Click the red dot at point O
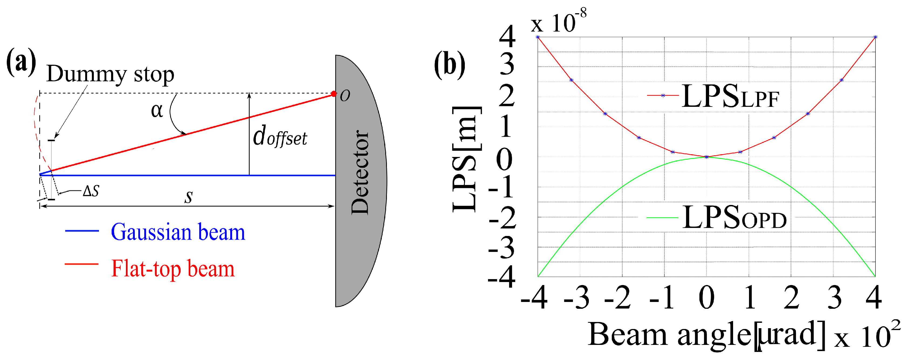[x=334, y=94]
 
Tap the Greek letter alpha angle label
[x=157, y=111]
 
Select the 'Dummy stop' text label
[x=110, y=74]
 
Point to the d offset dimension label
[x=280, y=137]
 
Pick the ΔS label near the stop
[x=91, y=191]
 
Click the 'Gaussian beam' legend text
[x=178, y=232]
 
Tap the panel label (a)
[x=21, y=62]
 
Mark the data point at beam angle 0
[x=706, y=157]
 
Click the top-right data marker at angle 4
[x=875, y=37]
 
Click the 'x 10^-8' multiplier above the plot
[x=558, y=22]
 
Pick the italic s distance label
[x=189, y=197]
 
